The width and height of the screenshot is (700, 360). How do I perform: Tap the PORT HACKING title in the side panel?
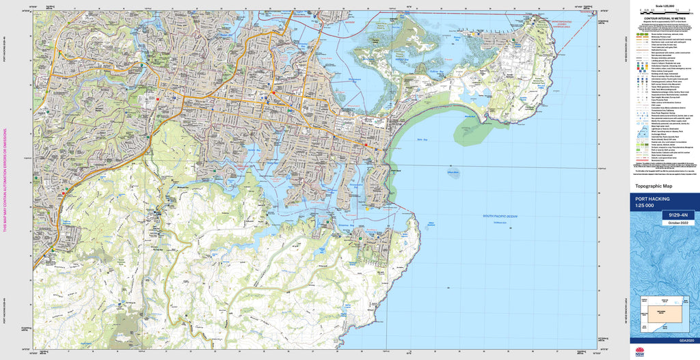click(652, 199)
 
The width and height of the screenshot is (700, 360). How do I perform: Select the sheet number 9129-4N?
click(678, 215)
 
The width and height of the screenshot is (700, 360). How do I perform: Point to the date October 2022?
click(678, 222)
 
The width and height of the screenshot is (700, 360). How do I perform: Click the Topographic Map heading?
click(654, 186)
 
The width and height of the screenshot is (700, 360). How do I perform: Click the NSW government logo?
click(639, 352)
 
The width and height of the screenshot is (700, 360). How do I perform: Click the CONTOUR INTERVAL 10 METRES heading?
click(662, 19)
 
